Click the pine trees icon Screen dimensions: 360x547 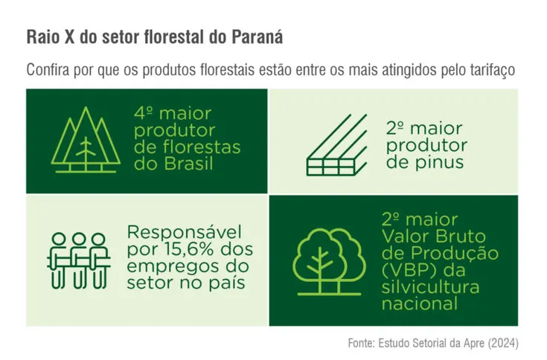[x=89, y=141]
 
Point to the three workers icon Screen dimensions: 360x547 [x=77, y=260]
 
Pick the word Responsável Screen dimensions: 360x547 [x=185, y=231]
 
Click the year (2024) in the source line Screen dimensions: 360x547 [x=502, y=343]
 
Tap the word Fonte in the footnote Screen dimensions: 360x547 [x=362, y=343]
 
